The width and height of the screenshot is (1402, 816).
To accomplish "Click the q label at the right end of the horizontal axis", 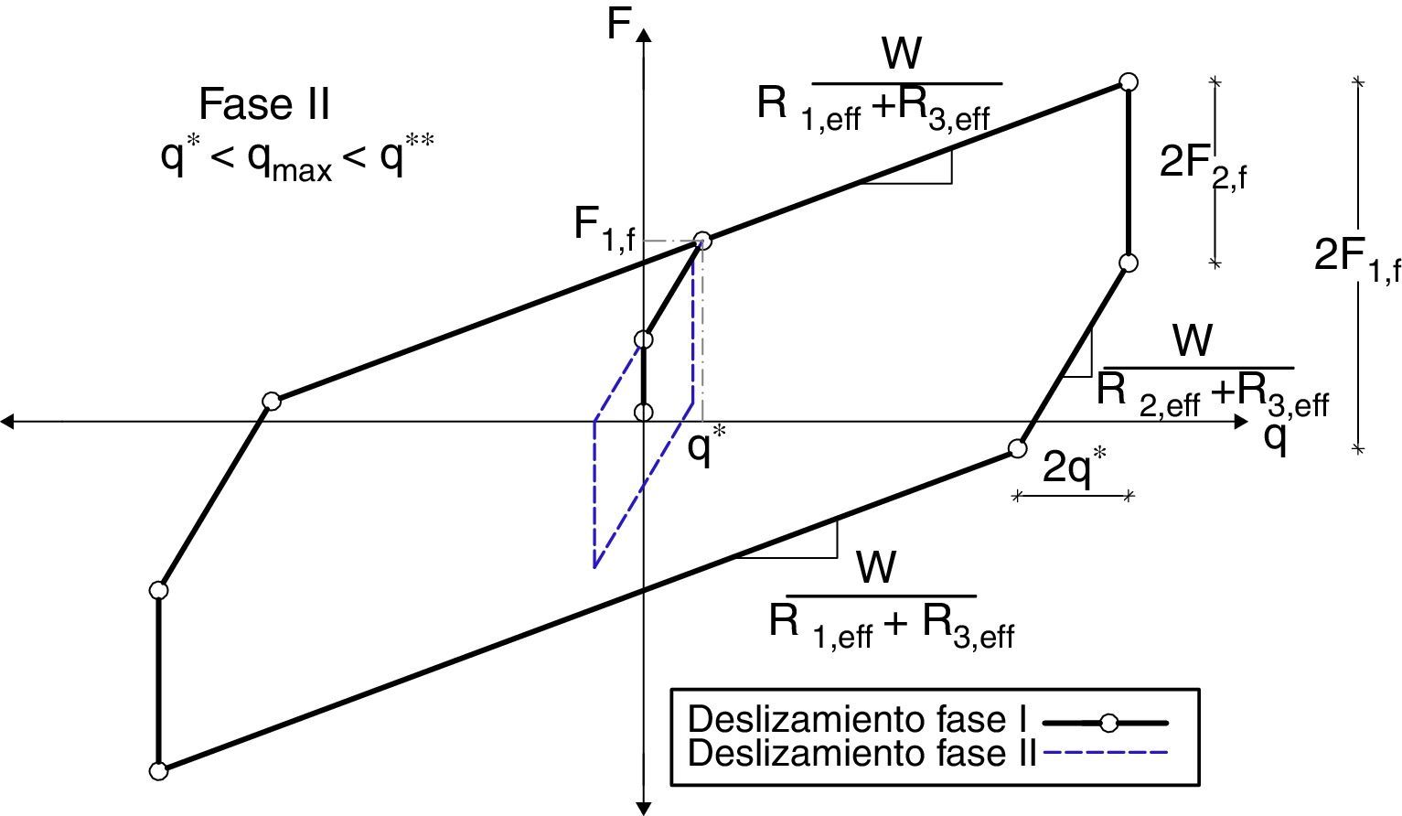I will pos(1276,436).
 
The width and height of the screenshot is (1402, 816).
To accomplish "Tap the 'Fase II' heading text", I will pos(263,104).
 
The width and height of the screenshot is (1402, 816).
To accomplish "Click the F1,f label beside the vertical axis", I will pos(604,226).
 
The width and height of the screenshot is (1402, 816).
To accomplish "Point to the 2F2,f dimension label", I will pos(1202,165).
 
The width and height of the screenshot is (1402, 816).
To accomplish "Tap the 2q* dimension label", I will pos(1075,469).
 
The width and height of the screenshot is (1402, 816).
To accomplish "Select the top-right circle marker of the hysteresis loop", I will pos(1129,82).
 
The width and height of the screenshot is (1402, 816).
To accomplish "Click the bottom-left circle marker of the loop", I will pos(159,770).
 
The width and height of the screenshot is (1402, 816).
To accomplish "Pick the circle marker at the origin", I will pos(644,412).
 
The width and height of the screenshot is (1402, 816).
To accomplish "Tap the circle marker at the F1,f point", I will pos(702,241).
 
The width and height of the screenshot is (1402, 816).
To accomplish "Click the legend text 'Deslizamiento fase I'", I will pos(859,720).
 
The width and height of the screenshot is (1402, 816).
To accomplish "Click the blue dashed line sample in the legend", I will pos(1105,753).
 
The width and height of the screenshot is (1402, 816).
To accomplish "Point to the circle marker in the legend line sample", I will pos(1108,723).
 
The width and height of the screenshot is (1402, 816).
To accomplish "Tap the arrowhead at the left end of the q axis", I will pos(7,422).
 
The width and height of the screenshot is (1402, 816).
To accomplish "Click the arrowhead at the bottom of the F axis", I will pos(644,808).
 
